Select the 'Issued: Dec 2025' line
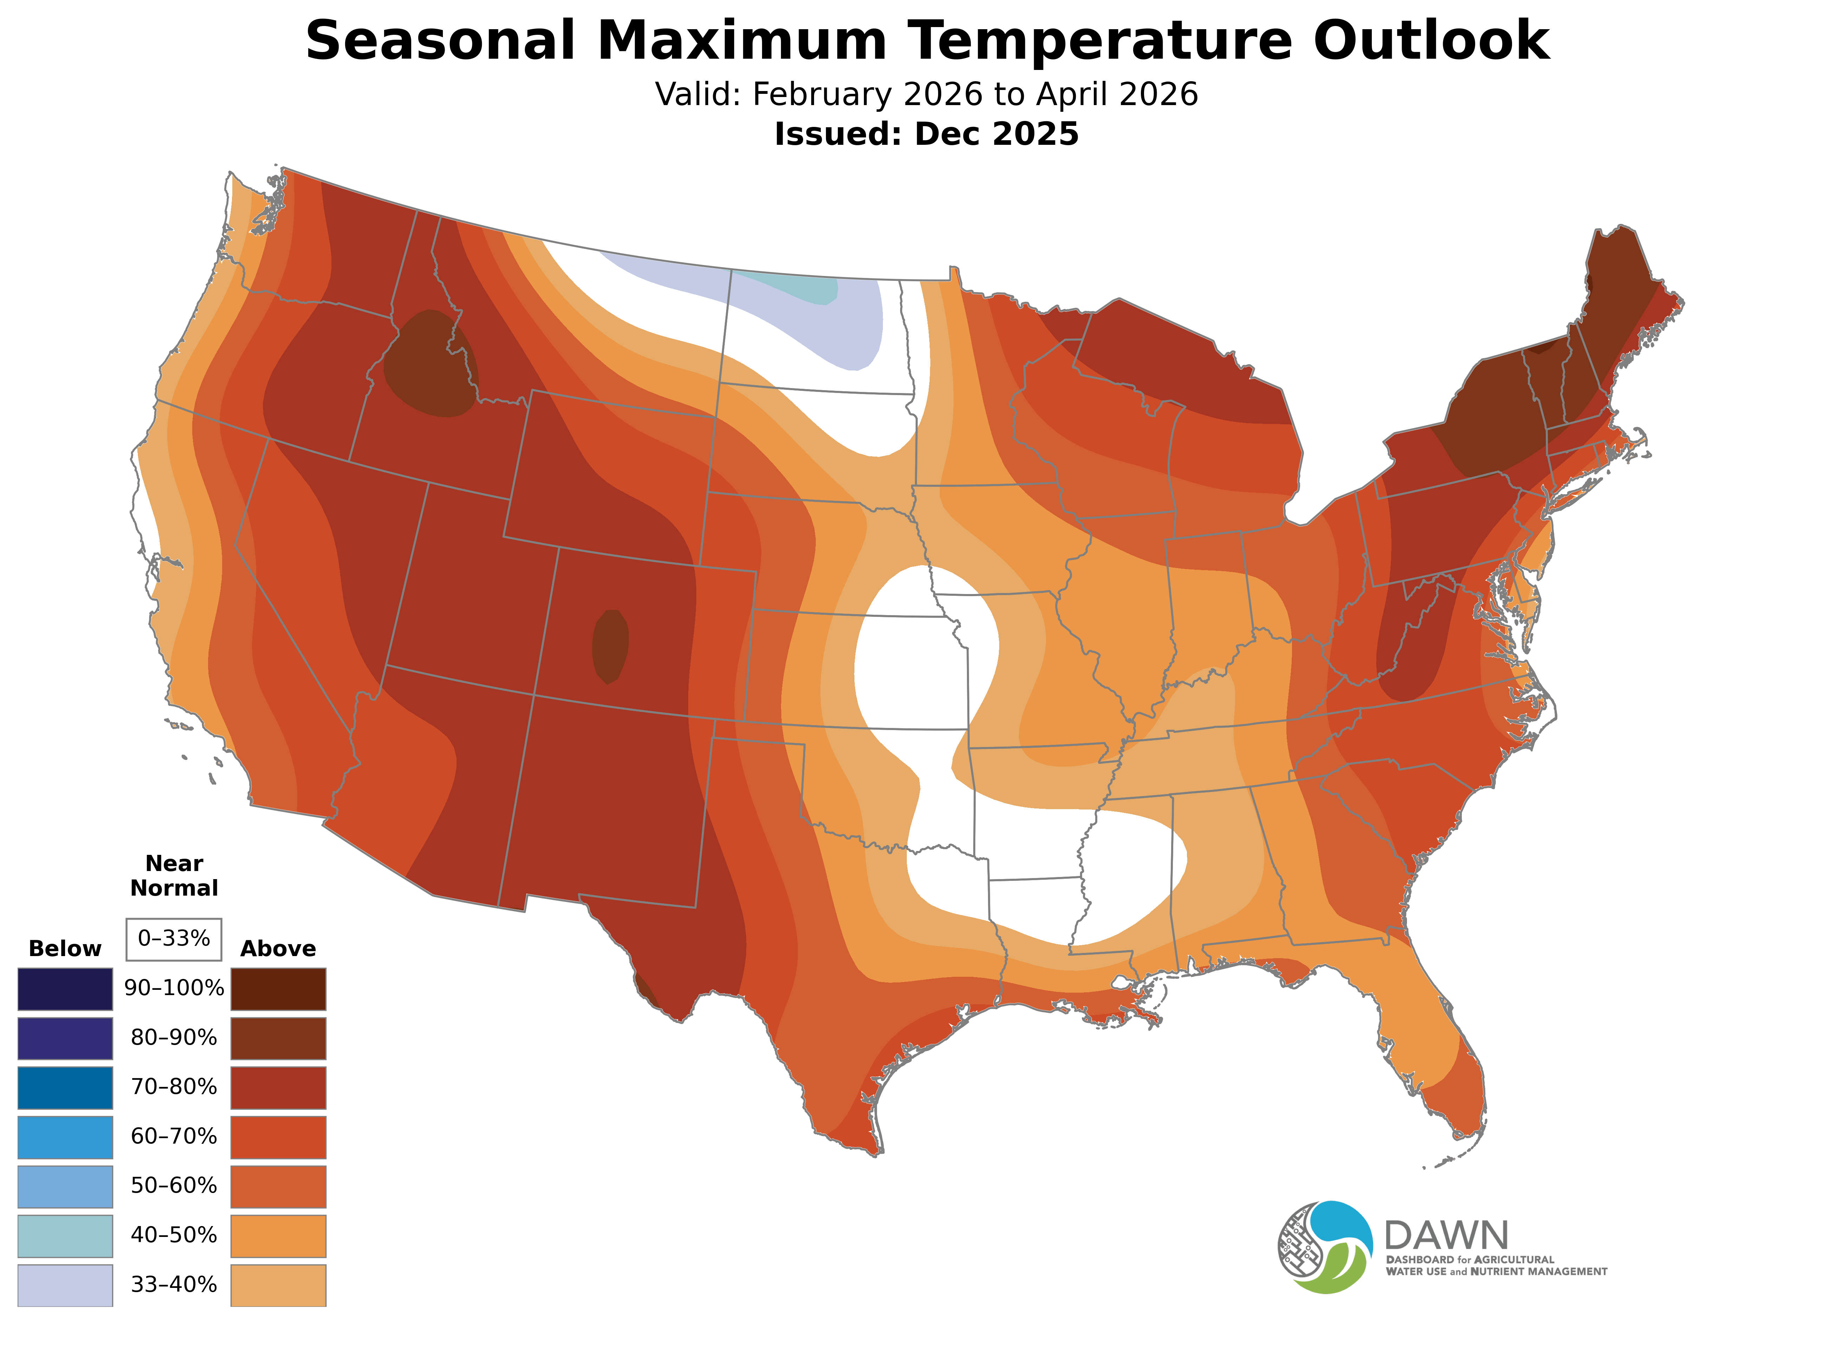click(x=926, y=134)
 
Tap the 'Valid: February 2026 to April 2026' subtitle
click(x=926, y=95)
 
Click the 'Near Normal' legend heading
click(x=174, y=876)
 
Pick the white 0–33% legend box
click(x=174, y=939)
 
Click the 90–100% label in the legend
click(x=174, y=988)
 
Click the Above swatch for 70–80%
click(x=278, y=1088)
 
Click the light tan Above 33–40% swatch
click(x=278, y=1284)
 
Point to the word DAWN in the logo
click(x=1446, y=1236)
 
